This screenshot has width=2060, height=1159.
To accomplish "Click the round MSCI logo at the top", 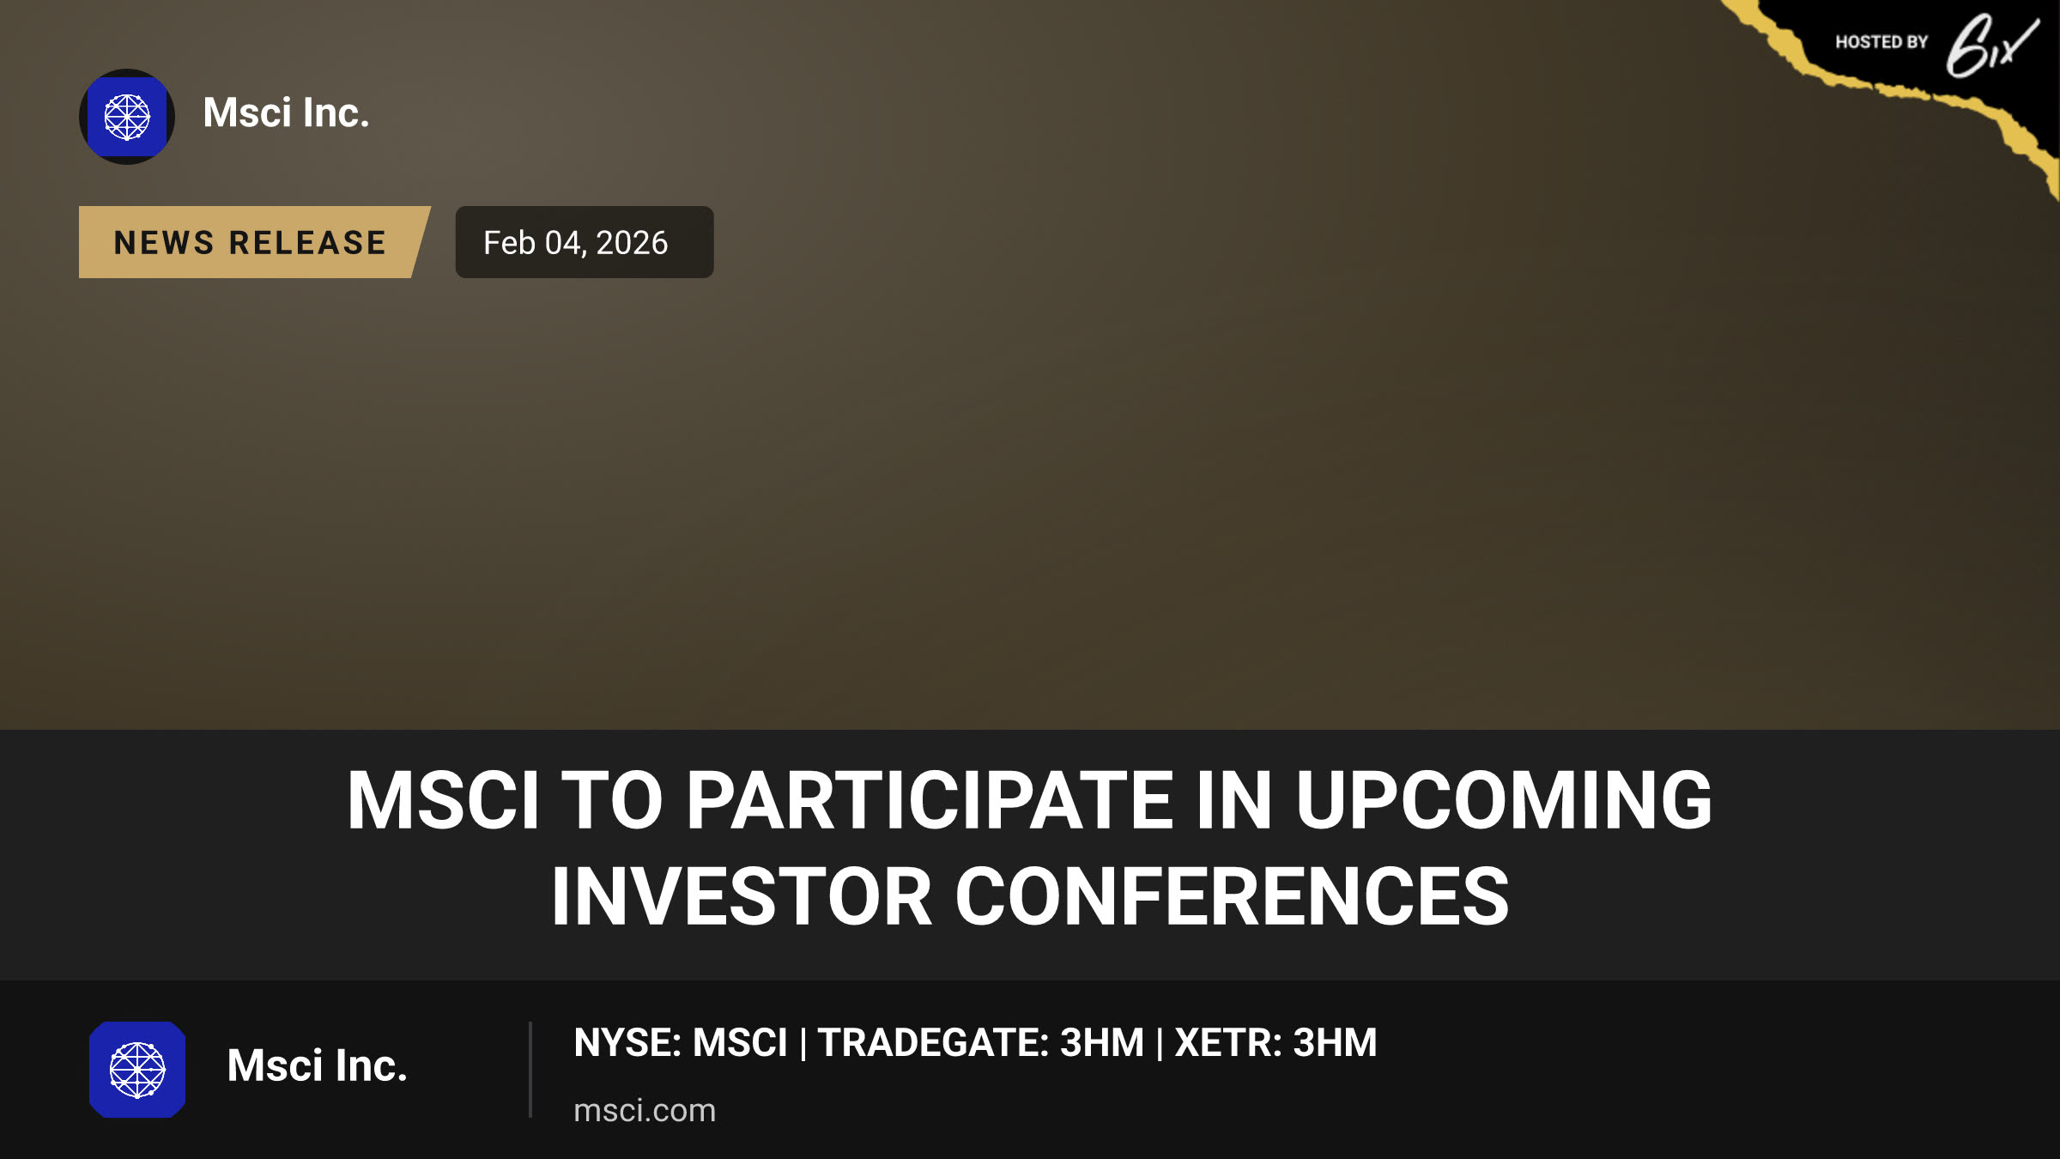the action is click(127, 117).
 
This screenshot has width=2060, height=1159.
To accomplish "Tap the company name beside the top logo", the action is click(286, 112).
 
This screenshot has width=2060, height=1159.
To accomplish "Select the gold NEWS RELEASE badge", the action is click(254, 242).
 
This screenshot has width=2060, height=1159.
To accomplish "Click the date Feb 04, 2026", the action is click(575, 243).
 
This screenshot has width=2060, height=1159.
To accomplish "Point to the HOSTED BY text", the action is click(1881, 42).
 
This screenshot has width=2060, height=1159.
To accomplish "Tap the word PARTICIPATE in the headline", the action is click(929, 800).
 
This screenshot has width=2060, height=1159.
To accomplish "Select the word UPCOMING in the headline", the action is click(1504, 800).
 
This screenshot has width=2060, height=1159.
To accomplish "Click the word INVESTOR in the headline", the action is click(742, 896).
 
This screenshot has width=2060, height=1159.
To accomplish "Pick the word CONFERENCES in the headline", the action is click(1232, 896).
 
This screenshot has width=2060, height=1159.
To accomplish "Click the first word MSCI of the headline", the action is click(444, 800).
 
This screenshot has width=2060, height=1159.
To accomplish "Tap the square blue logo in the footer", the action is click(137, 1070).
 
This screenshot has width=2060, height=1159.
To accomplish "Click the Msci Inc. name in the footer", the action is click(317, 1065).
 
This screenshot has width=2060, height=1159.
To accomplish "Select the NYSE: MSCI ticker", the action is click(680, 1042).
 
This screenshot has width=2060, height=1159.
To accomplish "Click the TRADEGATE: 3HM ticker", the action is click(981, 1042).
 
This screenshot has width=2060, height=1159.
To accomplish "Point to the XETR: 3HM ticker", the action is click(1275, 1042).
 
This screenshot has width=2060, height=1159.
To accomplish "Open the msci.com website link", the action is click(645, 1110).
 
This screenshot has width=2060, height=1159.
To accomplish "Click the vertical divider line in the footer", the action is click(530, 1070).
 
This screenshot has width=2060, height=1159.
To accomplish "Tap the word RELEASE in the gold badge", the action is click(307, 243).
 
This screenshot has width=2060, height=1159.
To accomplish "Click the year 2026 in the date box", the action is click(632, 243).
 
